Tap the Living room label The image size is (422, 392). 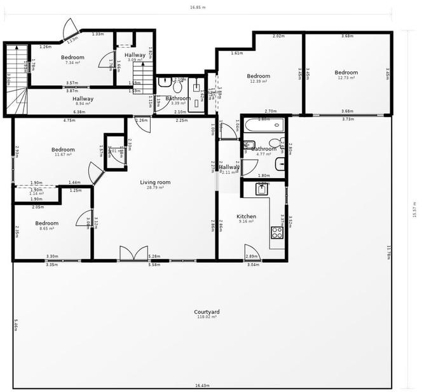[156, 182]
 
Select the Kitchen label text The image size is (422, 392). [246, 216]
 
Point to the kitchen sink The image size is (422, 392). [262, 188]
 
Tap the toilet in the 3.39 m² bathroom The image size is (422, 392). [164, 82]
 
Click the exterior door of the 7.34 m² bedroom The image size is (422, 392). [69, 27]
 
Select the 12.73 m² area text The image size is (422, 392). [346, 80]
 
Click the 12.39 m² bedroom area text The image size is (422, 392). [259, 81]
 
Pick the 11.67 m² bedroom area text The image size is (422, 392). [63, 155]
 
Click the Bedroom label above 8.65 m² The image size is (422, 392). [47, 223]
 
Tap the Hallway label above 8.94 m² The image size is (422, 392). [83, 99]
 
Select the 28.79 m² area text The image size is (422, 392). [156, 188]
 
